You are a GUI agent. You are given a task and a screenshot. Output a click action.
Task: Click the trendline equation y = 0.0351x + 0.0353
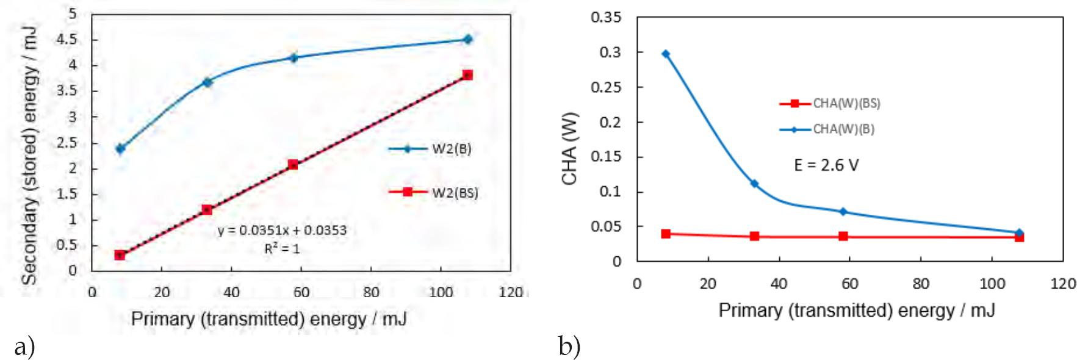point(282,230)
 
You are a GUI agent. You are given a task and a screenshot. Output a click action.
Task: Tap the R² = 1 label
point(282,248)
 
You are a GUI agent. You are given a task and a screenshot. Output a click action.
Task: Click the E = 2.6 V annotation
point(826,165)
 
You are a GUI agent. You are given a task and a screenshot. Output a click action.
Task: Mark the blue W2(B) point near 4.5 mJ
point(468,39)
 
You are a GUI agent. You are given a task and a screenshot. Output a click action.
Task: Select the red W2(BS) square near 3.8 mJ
point(467,75)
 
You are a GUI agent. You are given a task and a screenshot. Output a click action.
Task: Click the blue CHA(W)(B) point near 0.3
point(666,54)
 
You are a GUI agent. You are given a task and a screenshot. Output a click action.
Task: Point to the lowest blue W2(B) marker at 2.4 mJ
point(120,148)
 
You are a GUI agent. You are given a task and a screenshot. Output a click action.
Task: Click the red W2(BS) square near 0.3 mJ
point(120,255)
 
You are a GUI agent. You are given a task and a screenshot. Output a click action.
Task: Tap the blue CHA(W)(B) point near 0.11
point(754,184)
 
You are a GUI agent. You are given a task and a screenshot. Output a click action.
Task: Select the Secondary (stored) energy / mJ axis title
point(29,156)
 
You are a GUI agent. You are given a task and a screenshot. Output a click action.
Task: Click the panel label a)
point(24,347)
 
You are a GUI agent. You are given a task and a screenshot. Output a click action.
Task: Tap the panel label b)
point(569,347)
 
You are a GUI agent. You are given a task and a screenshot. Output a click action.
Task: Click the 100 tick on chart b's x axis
point(992,284)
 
